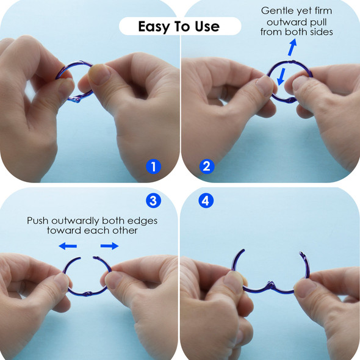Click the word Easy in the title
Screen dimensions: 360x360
[153, 27]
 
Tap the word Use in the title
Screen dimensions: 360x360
[207, 26]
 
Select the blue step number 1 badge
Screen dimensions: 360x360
[154, 167]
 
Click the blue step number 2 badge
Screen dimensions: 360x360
[207, 167]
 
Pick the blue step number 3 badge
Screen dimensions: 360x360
[153, 201]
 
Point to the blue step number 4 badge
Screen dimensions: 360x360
[206, 201]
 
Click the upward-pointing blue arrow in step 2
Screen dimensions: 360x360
[292, 47]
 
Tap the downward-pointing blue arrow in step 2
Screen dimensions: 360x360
[281, 76]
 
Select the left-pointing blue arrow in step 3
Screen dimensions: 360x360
[68, 246]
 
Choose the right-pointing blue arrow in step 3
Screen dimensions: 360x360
[109, 246]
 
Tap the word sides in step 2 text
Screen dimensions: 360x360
[322, 32]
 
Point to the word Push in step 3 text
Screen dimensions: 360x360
[38, 221]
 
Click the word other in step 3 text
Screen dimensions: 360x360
[125, 231]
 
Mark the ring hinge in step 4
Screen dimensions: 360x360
[271, 285]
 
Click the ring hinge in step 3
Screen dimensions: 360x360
[88, 293]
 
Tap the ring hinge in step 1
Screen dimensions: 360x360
[77, 99]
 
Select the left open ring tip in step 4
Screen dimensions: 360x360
[243, 250]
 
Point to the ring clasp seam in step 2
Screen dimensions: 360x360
[288, 62]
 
